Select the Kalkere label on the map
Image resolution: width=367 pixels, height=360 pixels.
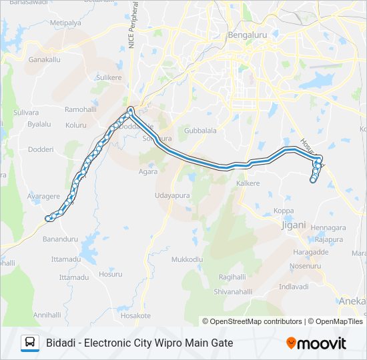[x=248, y=183]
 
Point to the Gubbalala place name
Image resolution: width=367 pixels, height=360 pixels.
[x=200, y=131]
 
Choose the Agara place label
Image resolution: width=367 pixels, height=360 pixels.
[x=148, y=171]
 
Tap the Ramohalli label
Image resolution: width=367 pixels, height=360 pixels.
[x=81, y=109]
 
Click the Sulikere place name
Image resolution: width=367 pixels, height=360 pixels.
[x=109, y=78]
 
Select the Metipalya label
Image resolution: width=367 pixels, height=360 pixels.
[x=65, y=23]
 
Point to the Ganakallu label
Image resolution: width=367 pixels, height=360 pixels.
[x=45, y=59]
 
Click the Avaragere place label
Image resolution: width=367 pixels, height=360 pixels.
[x=43, y=197]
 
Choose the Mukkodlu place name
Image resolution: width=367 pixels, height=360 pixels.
[x=187, y=259]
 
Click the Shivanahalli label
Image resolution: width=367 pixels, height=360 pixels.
[x=230, y=292]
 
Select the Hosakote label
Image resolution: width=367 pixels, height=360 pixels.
[x=136, y=315]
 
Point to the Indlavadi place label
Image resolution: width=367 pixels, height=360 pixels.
[x=294, y=287]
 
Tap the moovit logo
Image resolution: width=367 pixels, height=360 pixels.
[x=316, y=343]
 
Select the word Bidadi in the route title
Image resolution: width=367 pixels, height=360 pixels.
[x=61, y=343]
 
